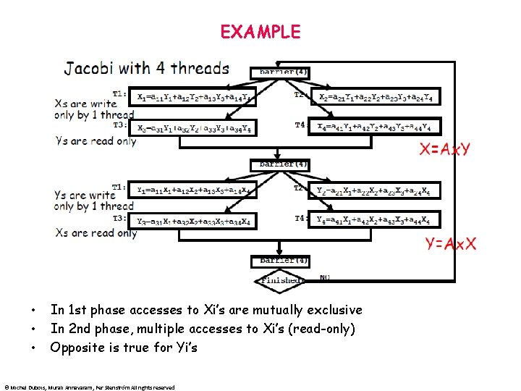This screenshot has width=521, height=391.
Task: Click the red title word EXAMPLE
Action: click(x=260, y=32)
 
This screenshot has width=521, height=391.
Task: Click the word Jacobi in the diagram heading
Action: click(x=90, y=69)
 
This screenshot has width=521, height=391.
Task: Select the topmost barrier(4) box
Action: click(x=279, y=72)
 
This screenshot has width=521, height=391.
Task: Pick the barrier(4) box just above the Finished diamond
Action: click(x=279, y=260)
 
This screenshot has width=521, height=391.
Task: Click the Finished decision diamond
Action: click(x=281, y=279)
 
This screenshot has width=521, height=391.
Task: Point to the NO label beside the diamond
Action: click(x=325, y=277)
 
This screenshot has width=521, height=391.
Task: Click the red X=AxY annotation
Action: click(x=446, y=150)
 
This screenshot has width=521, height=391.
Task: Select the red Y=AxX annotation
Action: click(x=451, y=243)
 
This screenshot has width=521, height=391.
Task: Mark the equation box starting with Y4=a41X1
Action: click(x=376, y=219)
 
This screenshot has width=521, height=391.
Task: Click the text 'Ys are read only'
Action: click(x=96, y=141)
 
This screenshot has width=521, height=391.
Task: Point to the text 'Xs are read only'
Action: click(x=96, y=233)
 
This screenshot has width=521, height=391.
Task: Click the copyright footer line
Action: click(x=89, y=387)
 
